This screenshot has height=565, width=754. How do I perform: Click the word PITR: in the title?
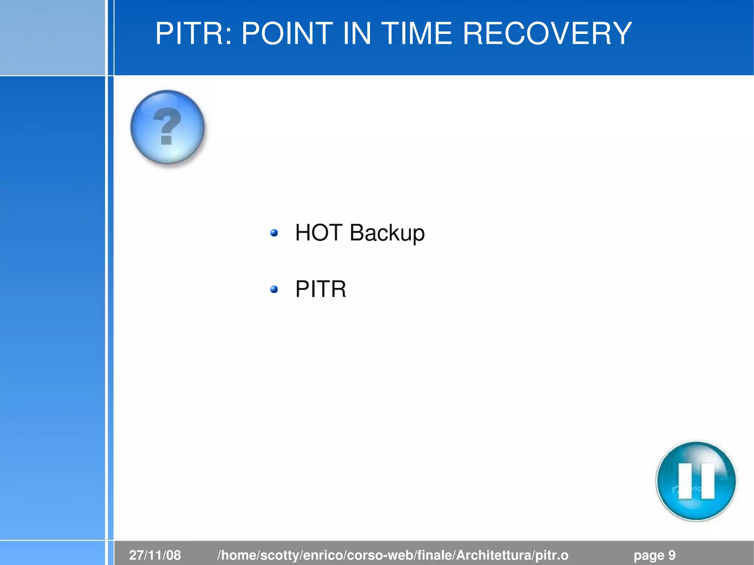point(194,34)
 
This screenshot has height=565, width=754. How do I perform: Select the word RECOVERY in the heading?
point(547,34)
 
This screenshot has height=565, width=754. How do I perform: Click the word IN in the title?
point(357,34)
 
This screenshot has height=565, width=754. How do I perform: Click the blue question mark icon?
point(168,127)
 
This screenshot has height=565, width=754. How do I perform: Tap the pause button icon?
point(696,481)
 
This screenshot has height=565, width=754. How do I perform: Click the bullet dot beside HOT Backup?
point(274,233)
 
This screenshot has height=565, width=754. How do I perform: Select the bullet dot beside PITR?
point(274,289)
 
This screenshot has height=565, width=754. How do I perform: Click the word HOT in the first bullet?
point(319,233)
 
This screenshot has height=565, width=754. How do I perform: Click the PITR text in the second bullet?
point(321,289)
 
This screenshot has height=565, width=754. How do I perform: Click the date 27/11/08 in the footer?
point(155,555)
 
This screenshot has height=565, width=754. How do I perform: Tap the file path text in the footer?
point(393,555)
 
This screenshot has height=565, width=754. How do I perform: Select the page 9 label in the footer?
point(654,555)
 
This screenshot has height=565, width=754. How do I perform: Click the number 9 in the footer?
point(672,555)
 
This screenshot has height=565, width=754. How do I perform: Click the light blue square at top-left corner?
point(52,37)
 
